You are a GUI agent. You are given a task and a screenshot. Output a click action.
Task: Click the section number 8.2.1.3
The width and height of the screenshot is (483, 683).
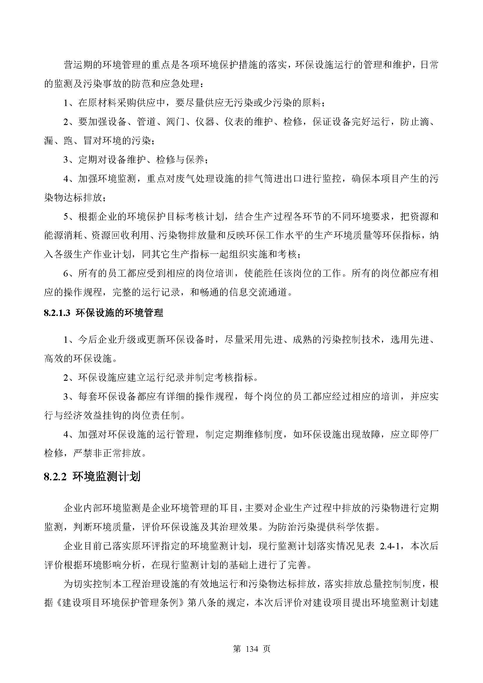(57, 313)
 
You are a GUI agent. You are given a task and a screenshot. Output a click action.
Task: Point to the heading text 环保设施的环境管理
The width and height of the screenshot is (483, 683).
(119, 313)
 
